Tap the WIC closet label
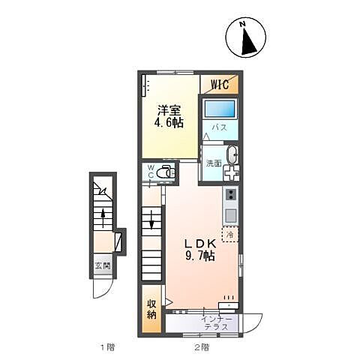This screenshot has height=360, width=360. pos(220,83)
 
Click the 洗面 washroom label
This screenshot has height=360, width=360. pos(214,163)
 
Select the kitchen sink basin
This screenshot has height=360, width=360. pos(230,216)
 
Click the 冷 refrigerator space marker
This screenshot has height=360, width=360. pos(229,234)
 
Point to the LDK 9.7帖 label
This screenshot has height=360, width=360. pos(200,250)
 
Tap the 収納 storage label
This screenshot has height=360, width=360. pos(152,309)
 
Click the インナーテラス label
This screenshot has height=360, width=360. pos(219,323)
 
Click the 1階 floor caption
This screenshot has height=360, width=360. pos(106,346)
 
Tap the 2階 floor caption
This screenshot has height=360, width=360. pos(201,346)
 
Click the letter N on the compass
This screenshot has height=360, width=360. pos(242,25)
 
